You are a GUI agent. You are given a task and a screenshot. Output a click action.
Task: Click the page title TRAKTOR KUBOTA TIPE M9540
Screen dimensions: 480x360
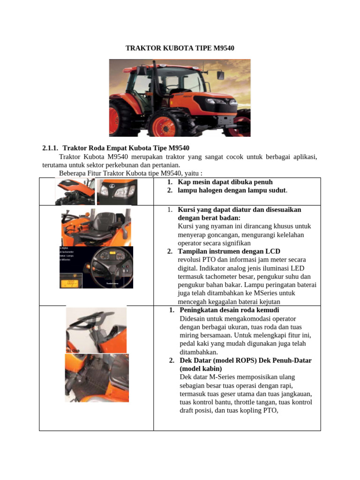180,48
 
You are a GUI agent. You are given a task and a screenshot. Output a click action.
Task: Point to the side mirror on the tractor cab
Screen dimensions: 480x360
219,75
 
